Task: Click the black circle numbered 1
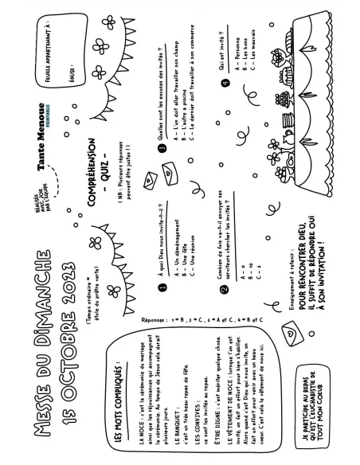click(162, 288)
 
